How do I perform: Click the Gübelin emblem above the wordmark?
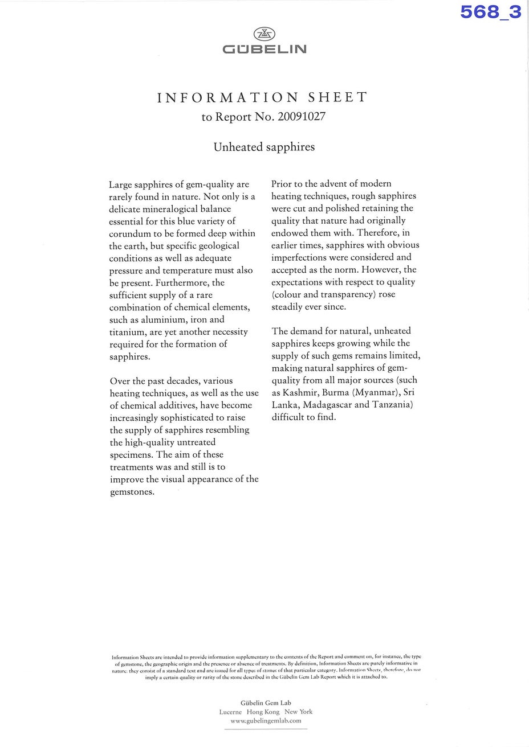[264, 34]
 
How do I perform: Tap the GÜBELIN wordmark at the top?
[264, 50]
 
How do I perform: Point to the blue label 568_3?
[491, 12]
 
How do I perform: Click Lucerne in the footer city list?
[230, 712]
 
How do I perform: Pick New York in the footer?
[298, 712]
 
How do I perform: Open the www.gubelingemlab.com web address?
[266, 721]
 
